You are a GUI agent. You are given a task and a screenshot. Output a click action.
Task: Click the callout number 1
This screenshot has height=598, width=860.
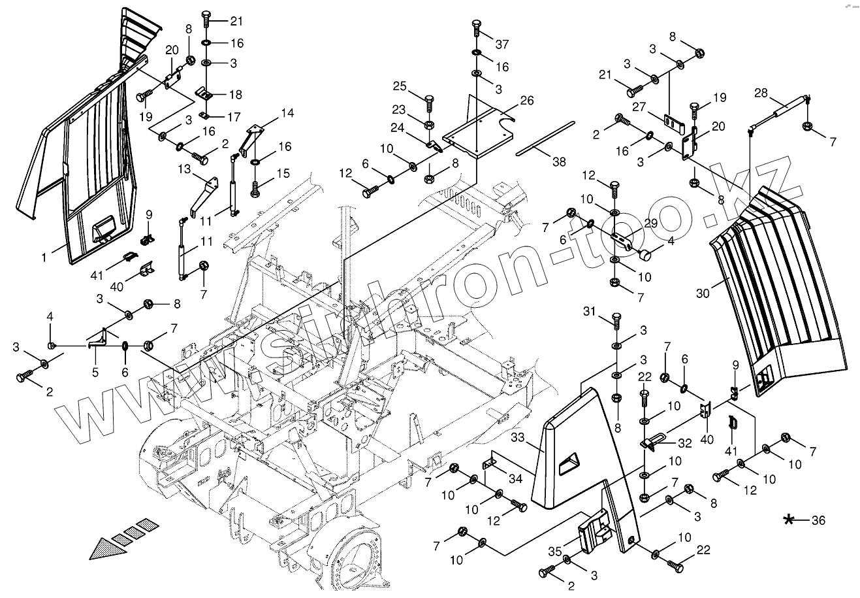tap(44, 257)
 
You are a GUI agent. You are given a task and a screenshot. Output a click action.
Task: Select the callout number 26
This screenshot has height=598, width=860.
tap(527, 101)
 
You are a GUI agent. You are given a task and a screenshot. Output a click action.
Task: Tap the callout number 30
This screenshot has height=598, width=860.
tap(702, 293)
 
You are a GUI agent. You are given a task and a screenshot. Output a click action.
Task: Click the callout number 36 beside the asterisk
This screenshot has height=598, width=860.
tap(818, 521)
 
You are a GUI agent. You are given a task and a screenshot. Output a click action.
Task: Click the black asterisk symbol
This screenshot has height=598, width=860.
tap(789, 520)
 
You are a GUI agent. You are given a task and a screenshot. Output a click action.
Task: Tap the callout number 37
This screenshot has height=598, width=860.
tap(502, 44)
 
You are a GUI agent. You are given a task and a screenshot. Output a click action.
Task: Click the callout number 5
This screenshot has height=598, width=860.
tap(95, 373)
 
